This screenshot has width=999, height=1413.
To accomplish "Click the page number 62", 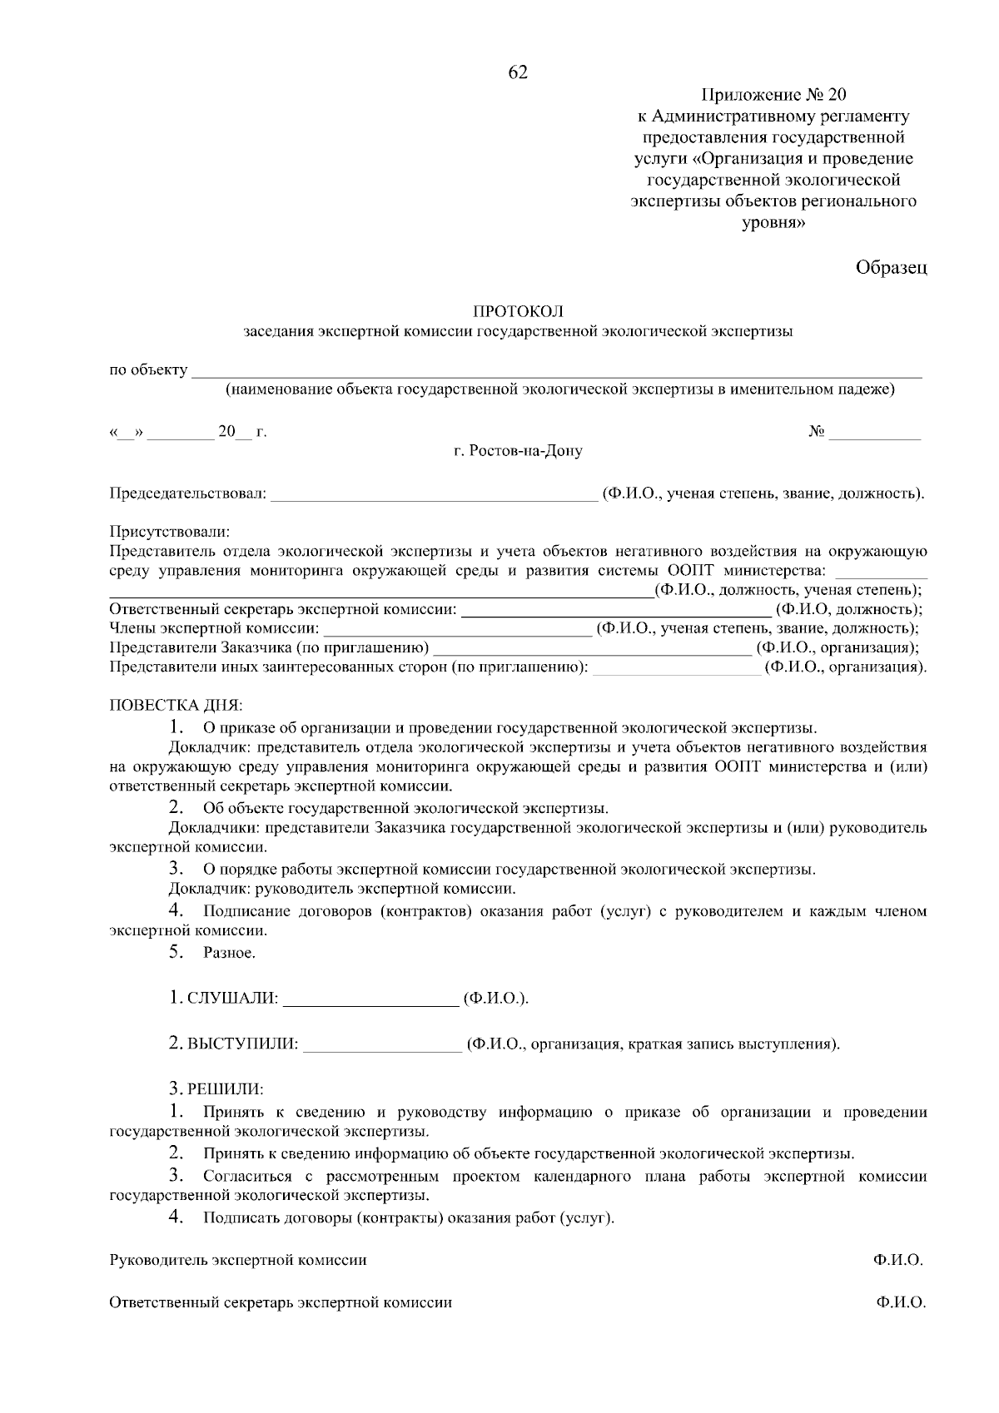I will (518, 73).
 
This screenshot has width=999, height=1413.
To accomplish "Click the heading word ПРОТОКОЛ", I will (518, 311).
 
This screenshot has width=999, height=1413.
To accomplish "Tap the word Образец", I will (891, 268).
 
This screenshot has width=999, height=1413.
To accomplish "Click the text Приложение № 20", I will (773, 94).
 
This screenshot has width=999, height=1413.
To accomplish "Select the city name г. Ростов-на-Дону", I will (518, 452).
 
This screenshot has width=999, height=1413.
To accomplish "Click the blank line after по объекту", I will (556, 374).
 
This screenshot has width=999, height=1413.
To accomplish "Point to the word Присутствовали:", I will (169, 531).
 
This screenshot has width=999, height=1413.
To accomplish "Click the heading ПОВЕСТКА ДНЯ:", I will (176, 706).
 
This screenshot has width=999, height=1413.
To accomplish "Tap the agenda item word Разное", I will (229, 954).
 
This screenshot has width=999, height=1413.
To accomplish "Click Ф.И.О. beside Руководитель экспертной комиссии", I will (899, 1261).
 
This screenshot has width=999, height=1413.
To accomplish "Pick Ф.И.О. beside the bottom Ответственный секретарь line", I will (900, 1303).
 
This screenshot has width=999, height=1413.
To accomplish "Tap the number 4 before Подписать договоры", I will (175, 1217).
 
